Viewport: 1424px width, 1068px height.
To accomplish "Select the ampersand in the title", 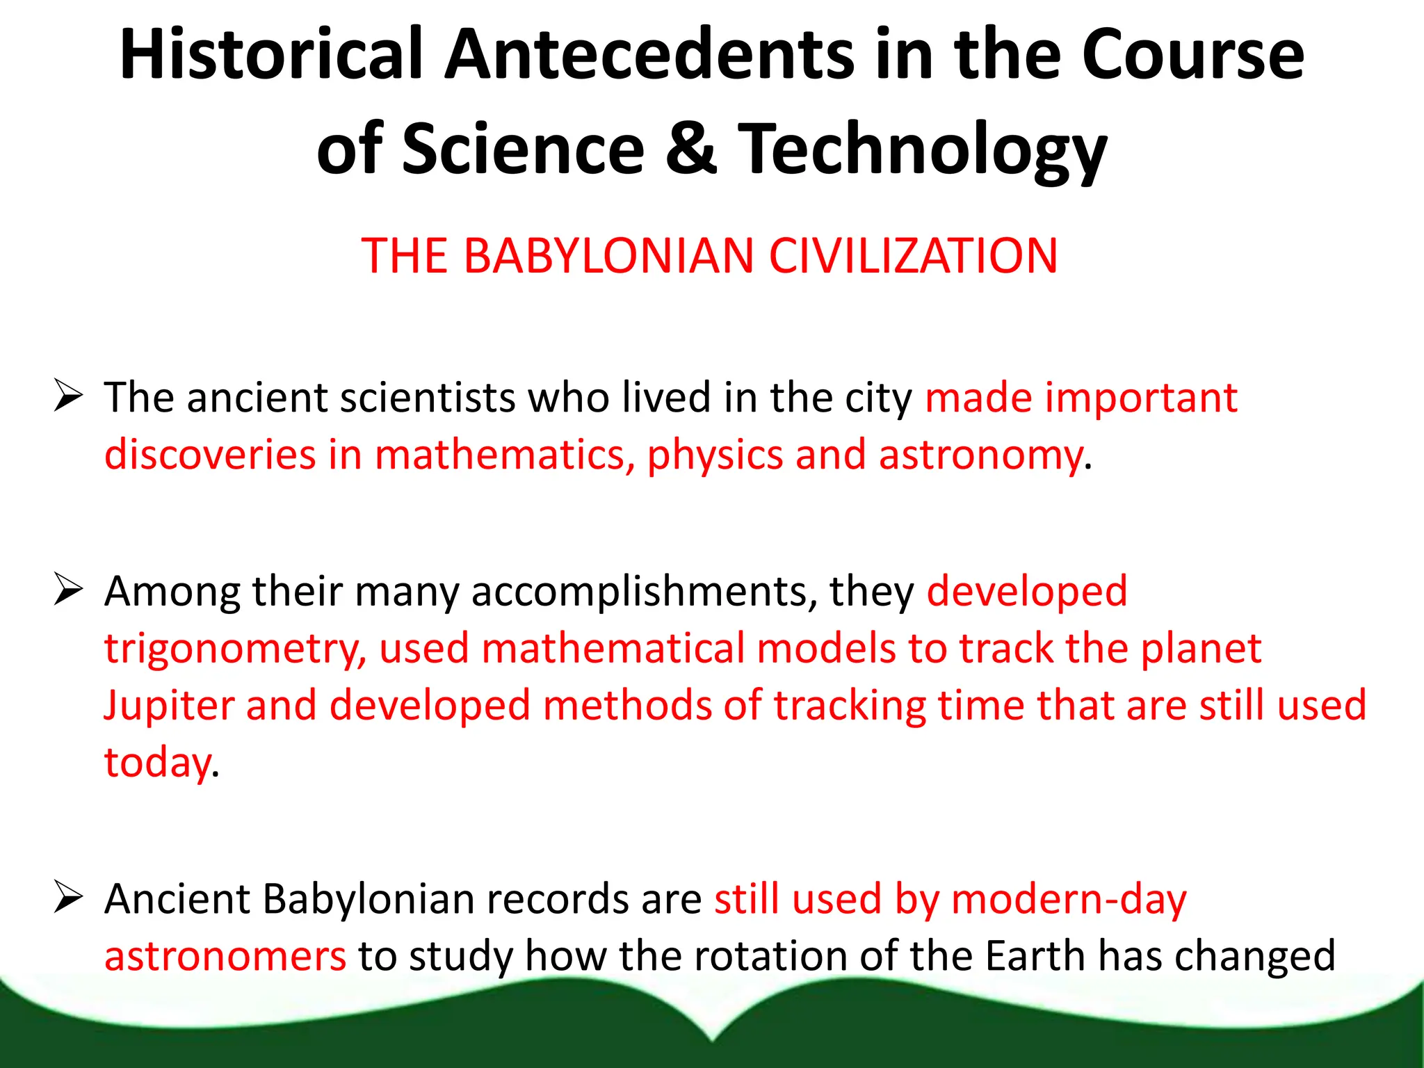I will [690, 148].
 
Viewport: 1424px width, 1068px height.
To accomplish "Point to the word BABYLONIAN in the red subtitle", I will [608, 256].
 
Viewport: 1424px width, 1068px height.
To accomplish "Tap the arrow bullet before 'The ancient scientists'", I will [68, 397].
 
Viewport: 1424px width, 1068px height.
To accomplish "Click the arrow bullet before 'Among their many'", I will [68, 591].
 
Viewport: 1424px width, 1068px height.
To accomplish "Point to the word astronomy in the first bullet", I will [980, 455].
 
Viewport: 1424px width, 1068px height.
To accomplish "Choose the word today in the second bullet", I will [157, 763].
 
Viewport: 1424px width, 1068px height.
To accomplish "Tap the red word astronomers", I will [225, 956].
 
